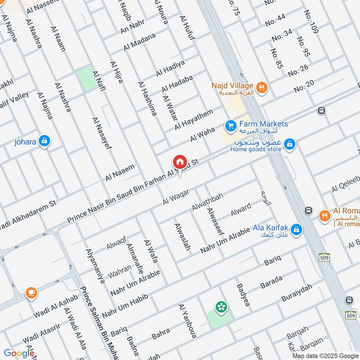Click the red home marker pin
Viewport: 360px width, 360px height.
point(180,162)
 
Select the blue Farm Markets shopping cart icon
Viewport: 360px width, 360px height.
point(230,126)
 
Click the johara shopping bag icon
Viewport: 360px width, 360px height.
point(44,141)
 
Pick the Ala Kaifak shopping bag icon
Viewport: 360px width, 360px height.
point(296,230)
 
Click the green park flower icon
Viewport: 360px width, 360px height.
point(221,307)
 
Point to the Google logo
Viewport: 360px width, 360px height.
point(19,353)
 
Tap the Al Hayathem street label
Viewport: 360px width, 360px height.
point(193,120)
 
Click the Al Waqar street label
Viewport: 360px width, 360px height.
point(175,197)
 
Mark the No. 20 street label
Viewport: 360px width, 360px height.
point(304,86)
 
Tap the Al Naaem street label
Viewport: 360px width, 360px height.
point(120,173)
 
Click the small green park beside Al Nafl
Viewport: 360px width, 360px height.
point(84,78)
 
